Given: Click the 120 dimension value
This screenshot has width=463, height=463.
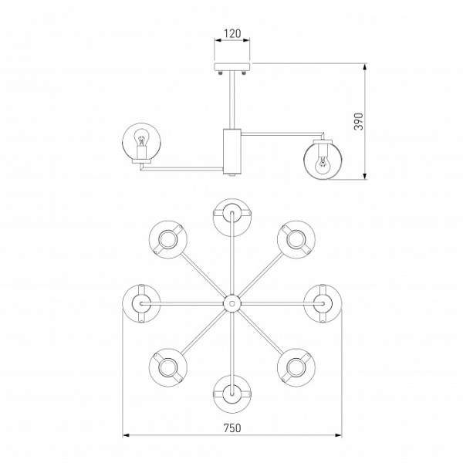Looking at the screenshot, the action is pos(232,34).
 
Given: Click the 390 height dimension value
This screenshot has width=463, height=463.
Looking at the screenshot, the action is pos(359,121).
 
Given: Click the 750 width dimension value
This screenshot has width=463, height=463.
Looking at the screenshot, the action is pos(232,428).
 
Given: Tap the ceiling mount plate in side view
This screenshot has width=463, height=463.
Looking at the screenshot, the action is pos(232,66).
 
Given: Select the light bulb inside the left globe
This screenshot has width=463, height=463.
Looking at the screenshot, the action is pos(141,140).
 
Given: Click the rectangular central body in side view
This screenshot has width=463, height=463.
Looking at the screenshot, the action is pos(232,151).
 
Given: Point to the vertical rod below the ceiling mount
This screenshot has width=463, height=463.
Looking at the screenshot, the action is pos(232,100).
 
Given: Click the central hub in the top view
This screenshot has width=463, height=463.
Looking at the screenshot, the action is pos(232,303).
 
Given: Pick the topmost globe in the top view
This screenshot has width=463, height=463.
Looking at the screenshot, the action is pos(232,218).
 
